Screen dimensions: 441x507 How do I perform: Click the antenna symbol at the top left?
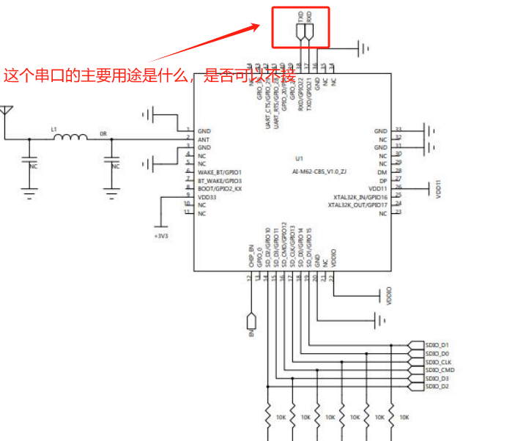[x=7, y=112]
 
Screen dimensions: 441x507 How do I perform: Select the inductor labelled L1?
[x=70, y=137]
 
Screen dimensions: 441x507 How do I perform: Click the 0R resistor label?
[x=103, y=134]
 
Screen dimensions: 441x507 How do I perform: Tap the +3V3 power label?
[x=160, y=236]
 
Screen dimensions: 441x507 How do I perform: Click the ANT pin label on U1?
[x=204, y=138]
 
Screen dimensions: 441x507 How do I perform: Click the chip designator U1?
[x=299, y=159]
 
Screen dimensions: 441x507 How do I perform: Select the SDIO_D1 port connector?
[x=438, y=344]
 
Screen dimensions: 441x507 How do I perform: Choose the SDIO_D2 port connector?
[x=438, y=386]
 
